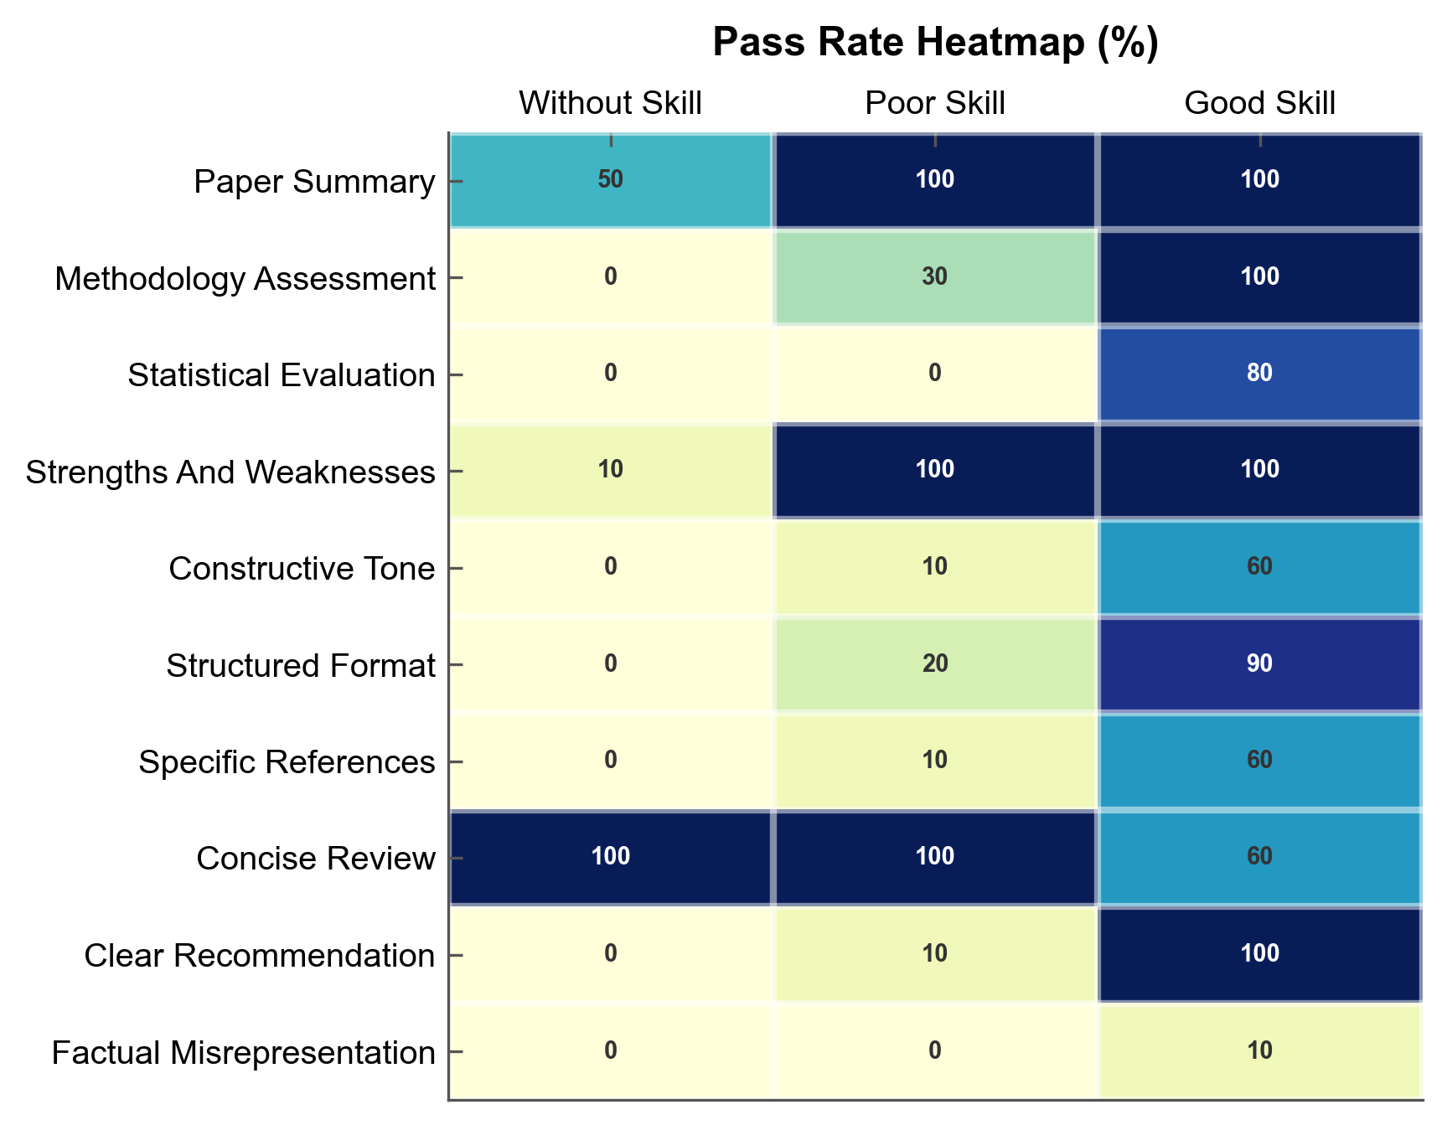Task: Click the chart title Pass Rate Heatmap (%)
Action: (x=935, y=43)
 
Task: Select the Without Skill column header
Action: (x=610, y=103)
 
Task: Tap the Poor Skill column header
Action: (x=935, y=103)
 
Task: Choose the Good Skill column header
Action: (x=1259, y=103)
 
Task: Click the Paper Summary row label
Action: (x=314, y=181)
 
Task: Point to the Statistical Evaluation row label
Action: (x=282, y=374)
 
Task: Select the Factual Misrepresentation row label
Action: (x=243, y=1052)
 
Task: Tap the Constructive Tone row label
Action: (x=302, y=568)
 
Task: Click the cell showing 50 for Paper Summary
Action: (x=610, y=180)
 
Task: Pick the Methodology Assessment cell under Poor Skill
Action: (x=935, y=277)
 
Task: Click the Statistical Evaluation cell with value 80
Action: (x=1259, y=374)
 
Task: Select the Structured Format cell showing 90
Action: (x=1259, y=664)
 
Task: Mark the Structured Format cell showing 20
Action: (x=935, y=664)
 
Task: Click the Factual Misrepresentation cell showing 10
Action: (x=1259, y=1051)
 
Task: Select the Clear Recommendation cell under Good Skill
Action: (x=1259, y=954)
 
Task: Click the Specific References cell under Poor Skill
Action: (x=935, y=761)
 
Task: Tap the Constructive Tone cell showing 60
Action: (x=1259, y=567)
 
